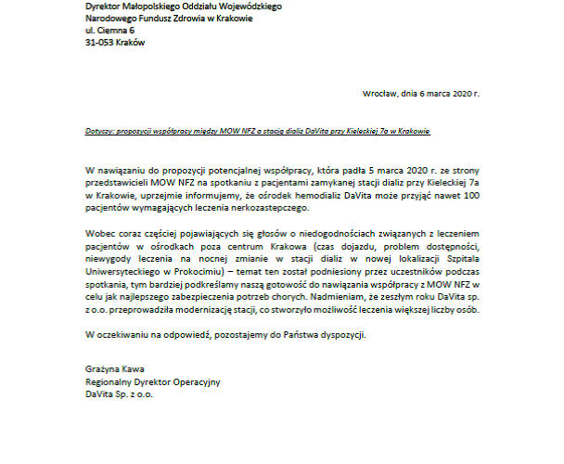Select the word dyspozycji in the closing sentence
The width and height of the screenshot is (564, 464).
pos(343,333)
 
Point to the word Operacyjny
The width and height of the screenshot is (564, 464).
pos(197,381)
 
